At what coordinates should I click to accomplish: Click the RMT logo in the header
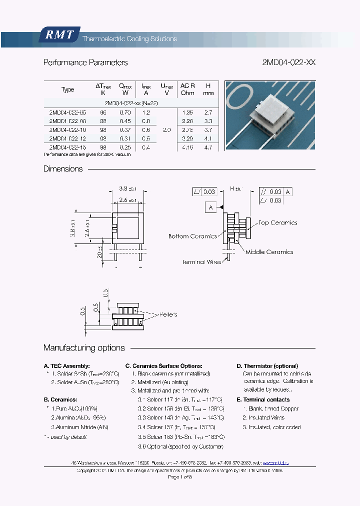[x=59, y=35]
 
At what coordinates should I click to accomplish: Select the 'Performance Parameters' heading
[x=85, y=62]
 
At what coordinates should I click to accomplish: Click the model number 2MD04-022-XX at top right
[x=288, y=62]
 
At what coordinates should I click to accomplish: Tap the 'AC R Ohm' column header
[x=187, y=89]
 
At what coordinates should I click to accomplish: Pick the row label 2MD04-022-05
[x=67, y=112]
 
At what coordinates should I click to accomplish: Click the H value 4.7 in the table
[x=208, y=147]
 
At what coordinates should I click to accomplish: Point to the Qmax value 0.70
[x=125, y=112]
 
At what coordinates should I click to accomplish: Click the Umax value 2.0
[x=167, y=129]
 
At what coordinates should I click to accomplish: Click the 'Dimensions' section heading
[x=63, y=169]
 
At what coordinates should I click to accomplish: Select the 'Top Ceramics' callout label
[x=277, y=222]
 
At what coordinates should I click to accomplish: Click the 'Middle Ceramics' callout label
[x=269, y=252]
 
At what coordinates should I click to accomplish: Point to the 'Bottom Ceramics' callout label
[x=192, y=236]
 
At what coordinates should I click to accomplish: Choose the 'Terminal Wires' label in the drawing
[x=201, y=262]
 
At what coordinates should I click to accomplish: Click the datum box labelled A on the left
[x=210, y=207]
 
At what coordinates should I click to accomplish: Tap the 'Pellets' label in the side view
[x=168, y=314]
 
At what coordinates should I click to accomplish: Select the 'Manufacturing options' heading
[x=84, y=348]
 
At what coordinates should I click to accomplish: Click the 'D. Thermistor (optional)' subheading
[x=267, y=366]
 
